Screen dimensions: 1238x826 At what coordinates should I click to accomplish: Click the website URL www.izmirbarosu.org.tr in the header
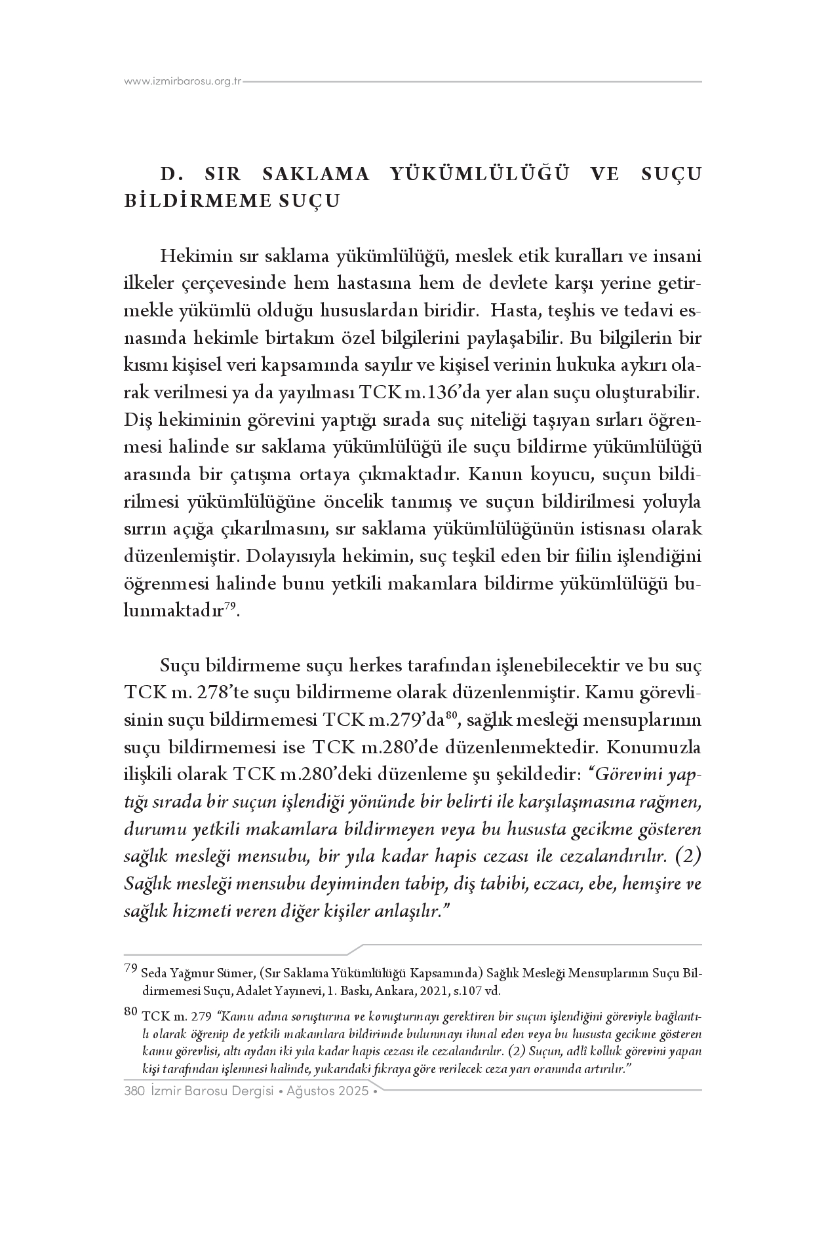point(183,83)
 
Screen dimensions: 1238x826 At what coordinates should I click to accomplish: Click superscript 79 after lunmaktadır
point(229,607)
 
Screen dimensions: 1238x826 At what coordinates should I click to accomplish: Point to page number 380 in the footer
point(134,1092)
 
